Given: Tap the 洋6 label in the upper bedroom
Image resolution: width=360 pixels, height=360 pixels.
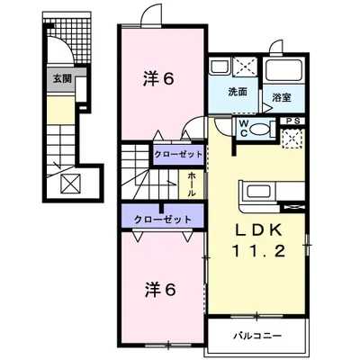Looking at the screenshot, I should [x=158, y=79].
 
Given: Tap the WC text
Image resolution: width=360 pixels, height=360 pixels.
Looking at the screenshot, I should [x=245, y=127].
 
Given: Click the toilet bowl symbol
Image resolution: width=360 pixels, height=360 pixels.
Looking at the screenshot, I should [x=261, y=129].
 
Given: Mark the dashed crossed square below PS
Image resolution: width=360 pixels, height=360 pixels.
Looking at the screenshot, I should [x=292, y=138].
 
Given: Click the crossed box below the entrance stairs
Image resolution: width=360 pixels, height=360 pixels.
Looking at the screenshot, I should [x=70, y=185].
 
